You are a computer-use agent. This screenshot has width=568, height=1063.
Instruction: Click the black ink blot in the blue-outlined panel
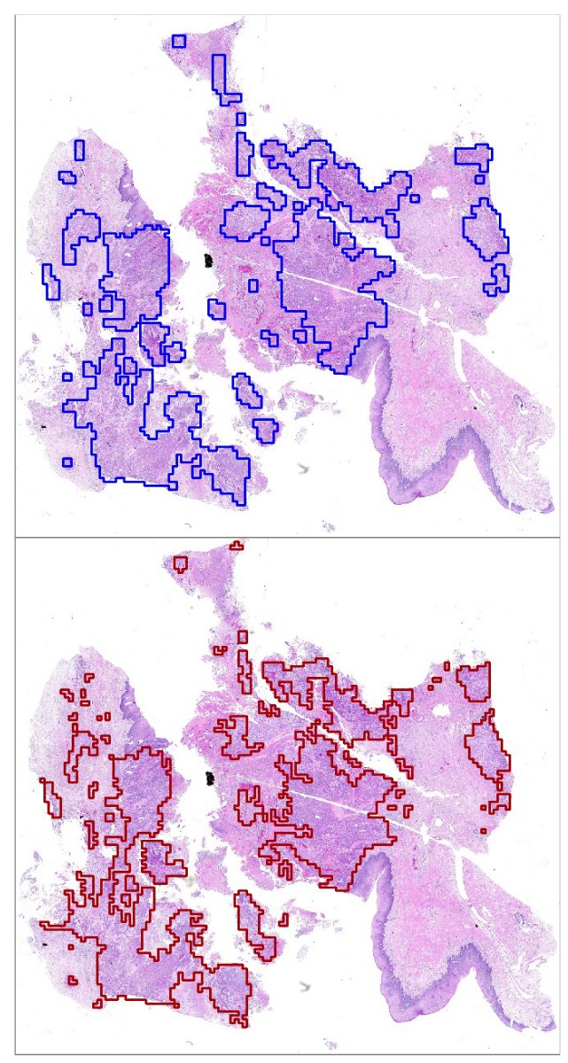point(209,260)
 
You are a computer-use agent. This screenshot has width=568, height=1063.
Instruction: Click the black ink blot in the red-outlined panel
point(210,780)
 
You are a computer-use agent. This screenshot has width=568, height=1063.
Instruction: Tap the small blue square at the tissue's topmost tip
point(179,41)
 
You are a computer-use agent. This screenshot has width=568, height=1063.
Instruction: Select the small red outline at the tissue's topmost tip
point(180,563)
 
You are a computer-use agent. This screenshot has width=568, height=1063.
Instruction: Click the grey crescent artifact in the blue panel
point(307,466)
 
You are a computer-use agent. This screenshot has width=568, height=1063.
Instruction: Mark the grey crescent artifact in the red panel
point(307,985)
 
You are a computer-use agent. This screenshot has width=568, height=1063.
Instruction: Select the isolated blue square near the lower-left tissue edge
point(66,462)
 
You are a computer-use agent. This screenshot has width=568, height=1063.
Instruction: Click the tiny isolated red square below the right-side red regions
point(482,831)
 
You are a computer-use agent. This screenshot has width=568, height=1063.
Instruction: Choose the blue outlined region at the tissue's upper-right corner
point(473,156)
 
